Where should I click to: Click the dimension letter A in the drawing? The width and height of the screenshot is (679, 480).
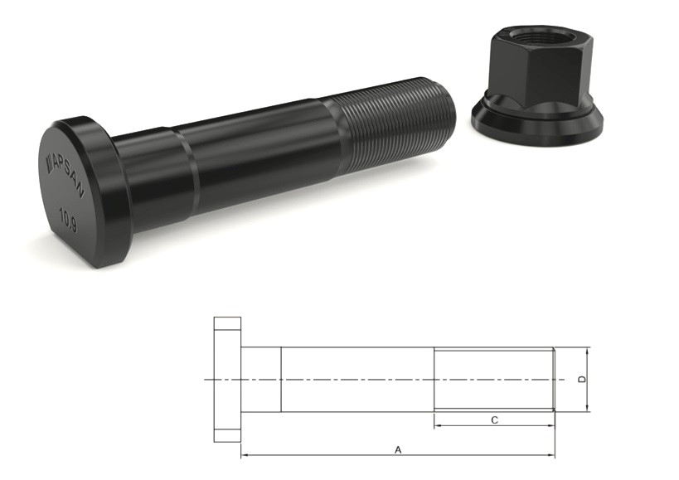(398, 449)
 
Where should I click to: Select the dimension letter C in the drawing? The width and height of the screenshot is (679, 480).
(494, 420)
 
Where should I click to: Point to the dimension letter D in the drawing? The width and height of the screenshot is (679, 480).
(582, 380)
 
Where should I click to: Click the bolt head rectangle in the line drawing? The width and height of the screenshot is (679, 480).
(227, 380)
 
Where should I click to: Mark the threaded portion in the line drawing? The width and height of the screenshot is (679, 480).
(494, 380)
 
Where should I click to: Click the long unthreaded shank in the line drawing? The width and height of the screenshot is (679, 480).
(356, 380)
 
